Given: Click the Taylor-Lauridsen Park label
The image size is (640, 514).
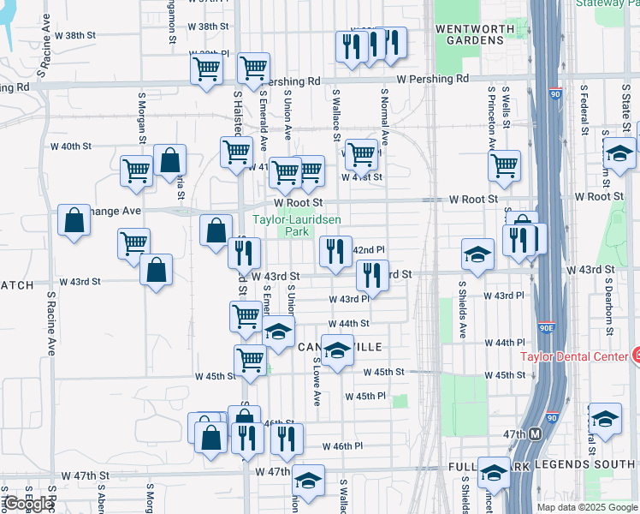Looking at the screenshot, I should click(x=297, y=225).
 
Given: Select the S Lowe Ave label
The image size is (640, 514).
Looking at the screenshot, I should click(x=317, y=380).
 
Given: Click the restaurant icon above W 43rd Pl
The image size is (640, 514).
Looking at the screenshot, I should click(x=372, y=274).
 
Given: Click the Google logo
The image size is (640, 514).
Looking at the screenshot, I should click(x=28, y=505).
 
